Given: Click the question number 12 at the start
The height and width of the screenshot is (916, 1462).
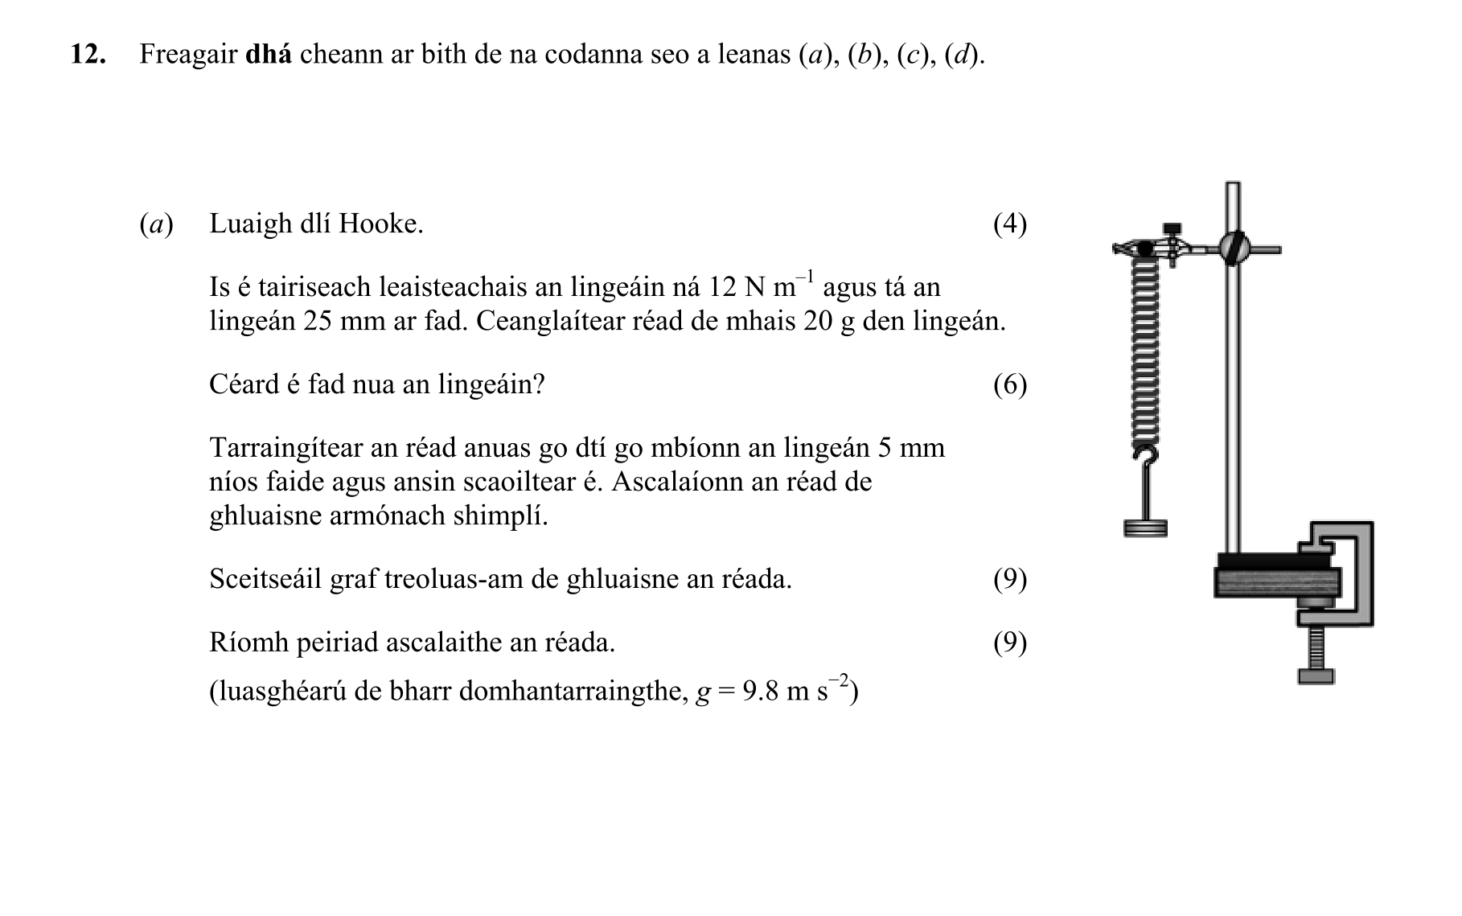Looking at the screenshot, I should click(x=88, y=55).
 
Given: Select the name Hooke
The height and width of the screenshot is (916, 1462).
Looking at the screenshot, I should click(x=381, y=224).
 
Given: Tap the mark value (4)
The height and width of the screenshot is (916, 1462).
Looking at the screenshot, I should click(x=1009, y=224).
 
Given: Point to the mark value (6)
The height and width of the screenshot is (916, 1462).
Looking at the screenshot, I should click(x=1009, y=385).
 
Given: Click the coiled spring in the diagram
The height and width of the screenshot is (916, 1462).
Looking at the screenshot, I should click(x=1145, y=354).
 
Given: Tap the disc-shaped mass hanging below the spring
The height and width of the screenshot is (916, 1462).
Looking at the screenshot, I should click(x=1145, y=528).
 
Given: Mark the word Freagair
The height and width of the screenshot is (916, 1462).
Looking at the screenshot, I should click(x=188, y=55).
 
